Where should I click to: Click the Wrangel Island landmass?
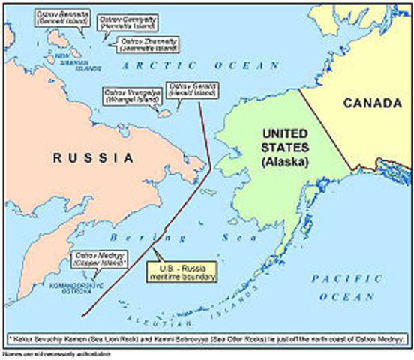[161, 113]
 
